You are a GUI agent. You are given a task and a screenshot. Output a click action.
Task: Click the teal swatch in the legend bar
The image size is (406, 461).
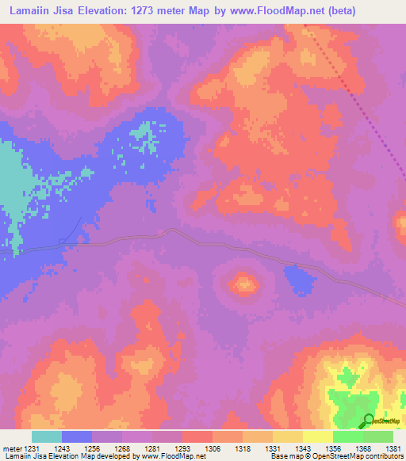click(47, 436)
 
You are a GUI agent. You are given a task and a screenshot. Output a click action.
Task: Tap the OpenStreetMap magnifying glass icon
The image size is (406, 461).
click(369, 420)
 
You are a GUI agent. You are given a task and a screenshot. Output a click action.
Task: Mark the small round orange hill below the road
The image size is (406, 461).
click(244, 282)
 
